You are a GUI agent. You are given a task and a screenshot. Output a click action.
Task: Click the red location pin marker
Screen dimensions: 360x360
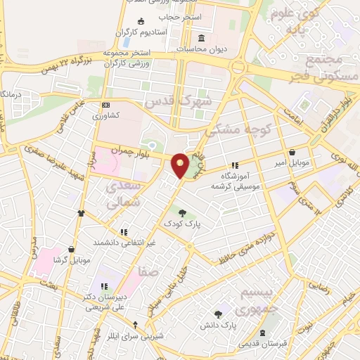tap(181, 165)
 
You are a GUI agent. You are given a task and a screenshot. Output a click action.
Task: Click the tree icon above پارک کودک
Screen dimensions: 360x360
tap(183, 212)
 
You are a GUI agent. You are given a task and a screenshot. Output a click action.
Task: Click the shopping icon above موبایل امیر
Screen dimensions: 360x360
tap(292, 152)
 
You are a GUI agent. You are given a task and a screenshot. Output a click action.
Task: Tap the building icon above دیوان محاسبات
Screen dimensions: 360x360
tap(202, 37)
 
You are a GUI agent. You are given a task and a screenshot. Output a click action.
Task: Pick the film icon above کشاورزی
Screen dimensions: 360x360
tap(106, 103)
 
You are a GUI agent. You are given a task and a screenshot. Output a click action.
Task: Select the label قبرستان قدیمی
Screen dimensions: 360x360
tap(262, 344)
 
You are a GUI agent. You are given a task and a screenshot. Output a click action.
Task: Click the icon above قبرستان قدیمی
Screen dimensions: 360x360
tap(262, 333)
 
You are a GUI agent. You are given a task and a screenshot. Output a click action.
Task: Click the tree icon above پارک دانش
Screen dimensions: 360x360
tap(219, 314)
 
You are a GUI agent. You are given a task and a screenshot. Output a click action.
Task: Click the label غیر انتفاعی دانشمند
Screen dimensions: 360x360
tap(124, 243)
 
